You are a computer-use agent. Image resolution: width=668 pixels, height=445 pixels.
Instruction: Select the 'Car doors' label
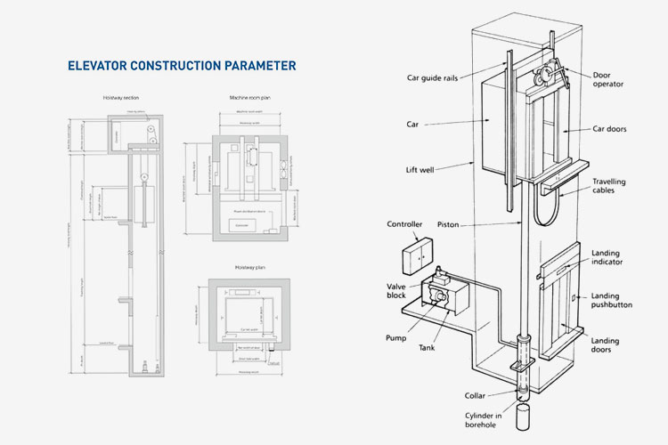[x=610, y=129]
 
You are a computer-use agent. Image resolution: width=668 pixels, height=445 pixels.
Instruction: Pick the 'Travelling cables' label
[x=609, y=186]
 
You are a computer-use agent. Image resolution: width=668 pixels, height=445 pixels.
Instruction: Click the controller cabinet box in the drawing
[x=417, y=255]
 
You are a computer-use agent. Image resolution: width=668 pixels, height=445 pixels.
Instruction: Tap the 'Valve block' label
[x=395, y=292]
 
